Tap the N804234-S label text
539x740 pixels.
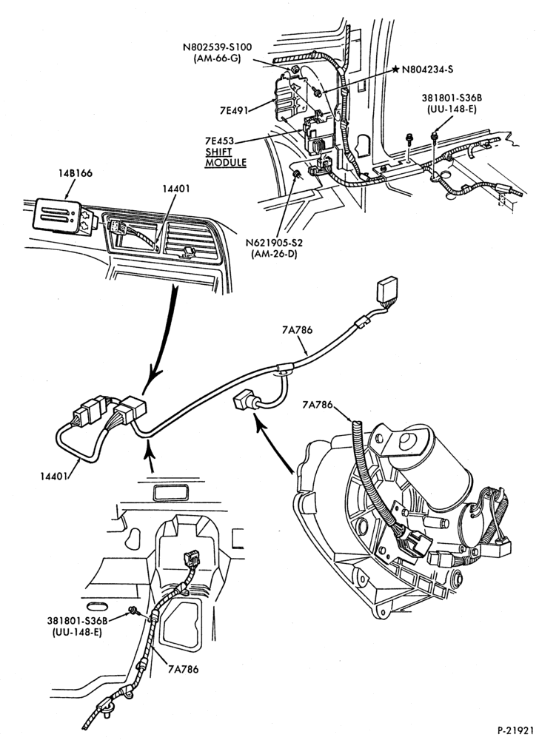pos(428,70)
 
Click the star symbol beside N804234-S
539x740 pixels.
pos(395,69)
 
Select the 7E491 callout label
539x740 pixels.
pos(234,110)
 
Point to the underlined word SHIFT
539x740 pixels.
pos(219,152)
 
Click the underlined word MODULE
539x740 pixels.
pos(226,163)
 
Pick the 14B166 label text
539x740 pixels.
pos(77,173)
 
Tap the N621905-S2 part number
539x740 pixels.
pos(274,243)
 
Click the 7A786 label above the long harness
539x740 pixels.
pos(298,330)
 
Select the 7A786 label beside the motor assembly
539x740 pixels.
pos(317,405)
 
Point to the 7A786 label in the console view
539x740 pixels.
pos(183,669)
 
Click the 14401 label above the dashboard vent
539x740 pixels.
pos(176,189)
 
